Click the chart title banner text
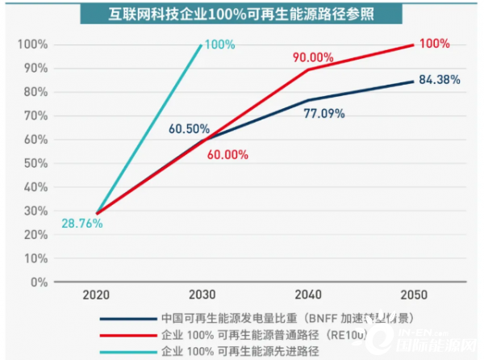pyautogui.click(x=241, y=14)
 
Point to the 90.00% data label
pyautogui.click(x=311, y=57)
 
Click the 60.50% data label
pyautogui.click(x=190, y=128)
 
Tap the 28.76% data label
pyautogui.click(x=81, y=223)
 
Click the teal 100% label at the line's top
pyautogui.click(x=219, y=44)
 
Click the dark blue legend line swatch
pyautogui.click(x=129, y=317)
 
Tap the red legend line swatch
pyautogui.click(x=129, y=333)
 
